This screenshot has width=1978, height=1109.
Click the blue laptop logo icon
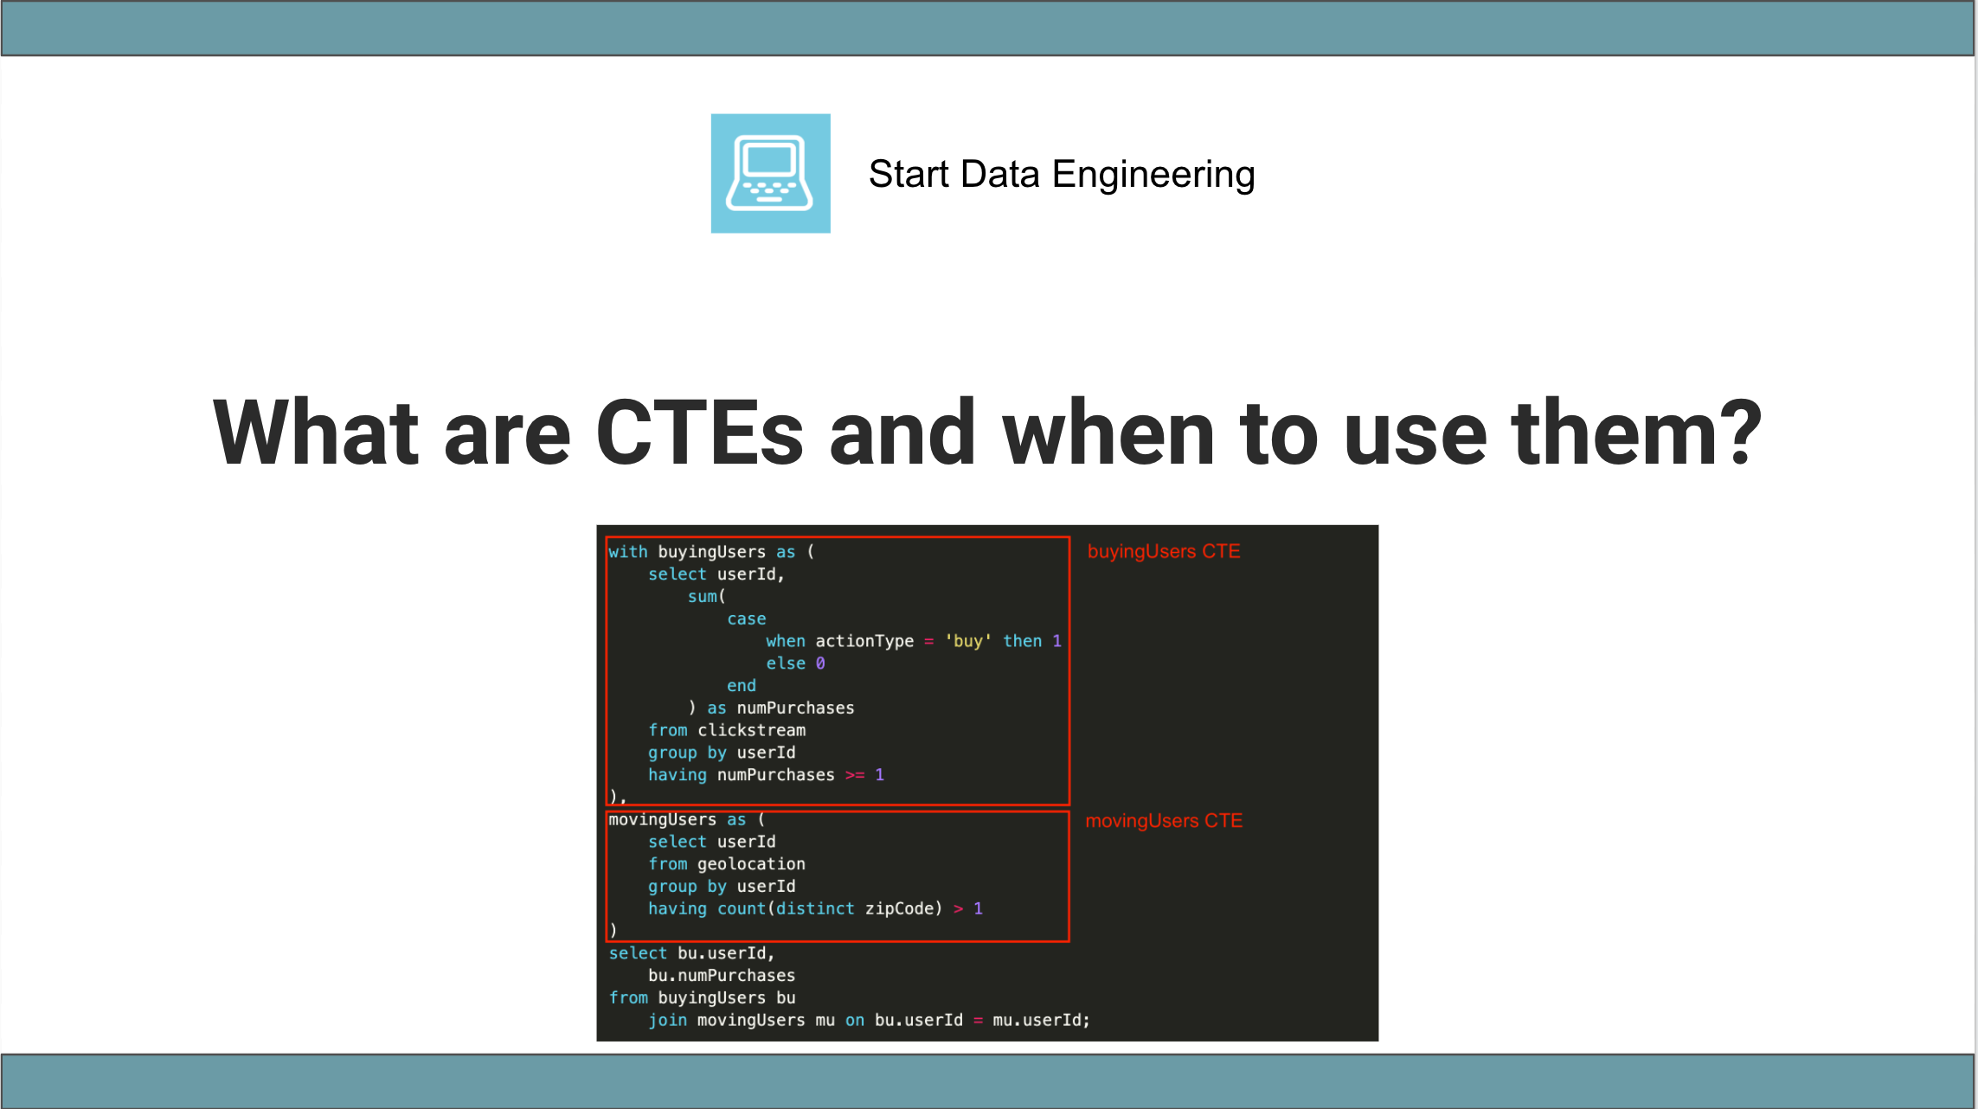coord(770,173)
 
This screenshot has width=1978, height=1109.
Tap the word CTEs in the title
coord(699,433)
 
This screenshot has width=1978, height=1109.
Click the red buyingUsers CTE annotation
coord(1163,551)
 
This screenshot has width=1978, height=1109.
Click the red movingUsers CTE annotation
coord(1163,820)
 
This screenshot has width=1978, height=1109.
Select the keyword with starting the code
coord(627,552)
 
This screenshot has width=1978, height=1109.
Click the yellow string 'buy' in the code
coord(967,641)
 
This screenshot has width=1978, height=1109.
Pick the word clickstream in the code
coord(751,730)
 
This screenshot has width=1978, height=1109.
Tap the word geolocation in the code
coord(751,863)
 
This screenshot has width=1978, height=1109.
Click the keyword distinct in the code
coord(814,908)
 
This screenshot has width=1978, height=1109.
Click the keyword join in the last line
coord(667,1020)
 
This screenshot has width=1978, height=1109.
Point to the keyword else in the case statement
coord(785,663)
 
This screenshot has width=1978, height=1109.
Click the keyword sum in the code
coord(703,596)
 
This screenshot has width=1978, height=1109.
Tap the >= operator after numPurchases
coord(854,775)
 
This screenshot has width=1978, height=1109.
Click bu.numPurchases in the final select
coord(721,975)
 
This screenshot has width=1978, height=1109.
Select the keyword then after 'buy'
coord(1022,641)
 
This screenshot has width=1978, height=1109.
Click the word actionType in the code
coord(864,641)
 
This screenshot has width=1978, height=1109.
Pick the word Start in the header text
coord(909,175)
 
